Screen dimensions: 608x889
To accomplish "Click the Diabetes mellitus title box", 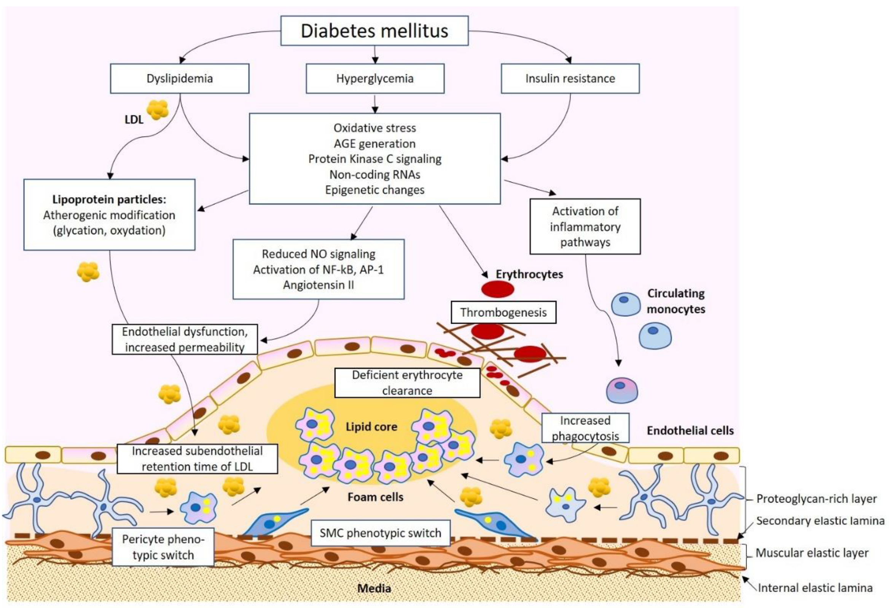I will click(374, 31).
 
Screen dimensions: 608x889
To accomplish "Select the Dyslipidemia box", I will click(179, 78).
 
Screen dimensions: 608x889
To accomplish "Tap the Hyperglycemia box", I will click(374, 78).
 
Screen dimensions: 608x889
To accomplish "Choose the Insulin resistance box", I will click(570, 78).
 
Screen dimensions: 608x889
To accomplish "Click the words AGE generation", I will click(374, 144).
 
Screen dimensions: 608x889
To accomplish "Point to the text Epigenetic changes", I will click(374, 190).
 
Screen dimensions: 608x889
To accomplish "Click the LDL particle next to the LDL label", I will click(158, 110).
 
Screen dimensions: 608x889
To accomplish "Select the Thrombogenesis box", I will click(503, 312).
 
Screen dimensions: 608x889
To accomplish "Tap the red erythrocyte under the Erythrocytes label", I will click(497, 289).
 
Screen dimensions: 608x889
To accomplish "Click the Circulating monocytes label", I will click(676, 301).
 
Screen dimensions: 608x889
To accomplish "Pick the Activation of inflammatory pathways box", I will click(585, 227).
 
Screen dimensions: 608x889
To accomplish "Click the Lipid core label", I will click(371, 427).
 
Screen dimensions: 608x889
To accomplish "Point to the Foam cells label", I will click(375, 497).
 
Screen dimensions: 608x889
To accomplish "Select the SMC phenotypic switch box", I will click(380, 533).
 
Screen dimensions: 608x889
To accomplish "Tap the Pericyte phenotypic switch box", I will click(163, 547).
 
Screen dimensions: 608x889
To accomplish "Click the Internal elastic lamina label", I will click(815, 588).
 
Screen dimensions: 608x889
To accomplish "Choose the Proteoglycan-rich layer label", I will click(816, 499).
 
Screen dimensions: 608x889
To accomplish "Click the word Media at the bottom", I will click(374, 588).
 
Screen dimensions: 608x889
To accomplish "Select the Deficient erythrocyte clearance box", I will click(407, 383).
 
